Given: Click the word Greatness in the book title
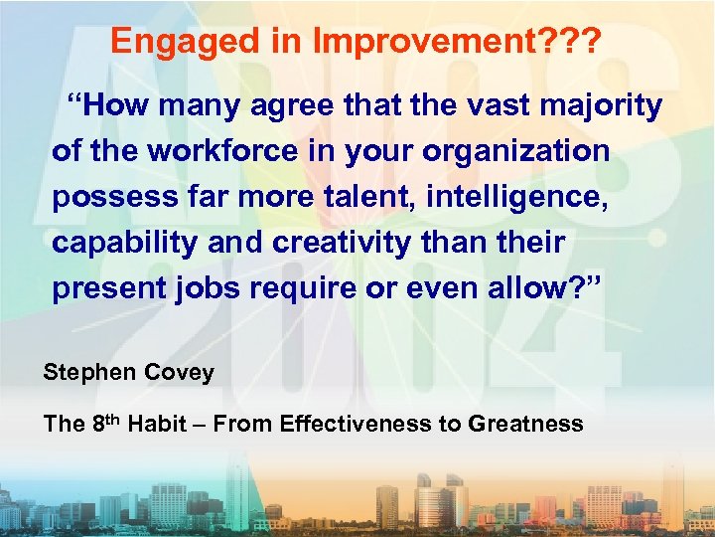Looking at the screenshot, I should pos(525,424).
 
